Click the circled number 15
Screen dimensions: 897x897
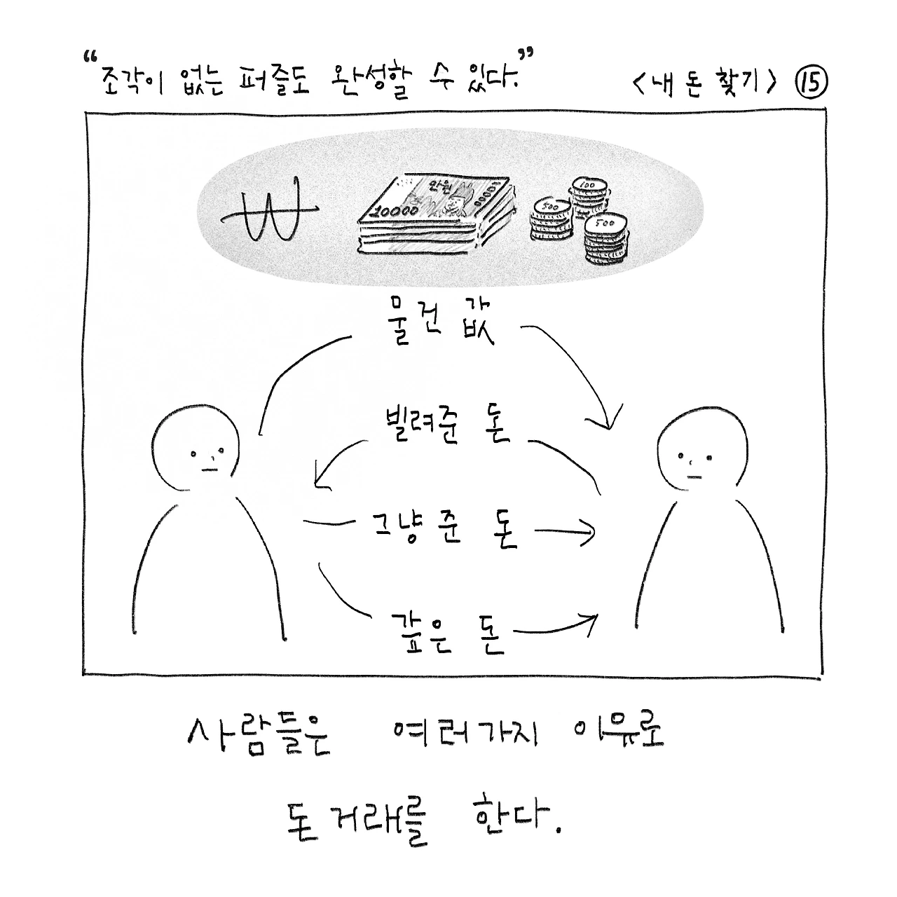click(811, 84)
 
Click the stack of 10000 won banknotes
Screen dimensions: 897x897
click(434, 214)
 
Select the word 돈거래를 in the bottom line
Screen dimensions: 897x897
click(357, 820)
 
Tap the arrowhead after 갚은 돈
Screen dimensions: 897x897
click(589, 620)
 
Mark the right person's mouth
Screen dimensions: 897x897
click(694, 477)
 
